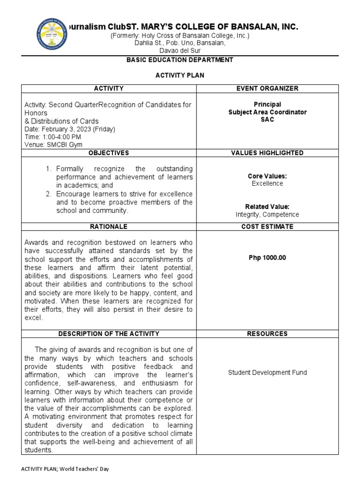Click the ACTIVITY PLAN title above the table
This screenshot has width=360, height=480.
click(180, 75)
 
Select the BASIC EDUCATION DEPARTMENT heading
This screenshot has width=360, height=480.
click(180, 60)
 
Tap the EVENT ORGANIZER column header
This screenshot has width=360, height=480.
click(267, 89)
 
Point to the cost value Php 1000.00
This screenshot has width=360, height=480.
click(267, 257)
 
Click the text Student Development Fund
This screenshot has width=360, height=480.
click(267, 373)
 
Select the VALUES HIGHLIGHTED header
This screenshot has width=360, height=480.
click(267, 153)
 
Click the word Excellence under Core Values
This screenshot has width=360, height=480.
click(267, 184)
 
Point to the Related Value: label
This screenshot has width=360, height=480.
click(267, 207)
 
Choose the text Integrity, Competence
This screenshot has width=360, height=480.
click(267, 215)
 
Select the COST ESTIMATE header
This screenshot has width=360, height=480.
click(267, 226)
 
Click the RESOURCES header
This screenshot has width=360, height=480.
click(267, 334)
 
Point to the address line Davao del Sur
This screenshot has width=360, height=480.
click(180, 50)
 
